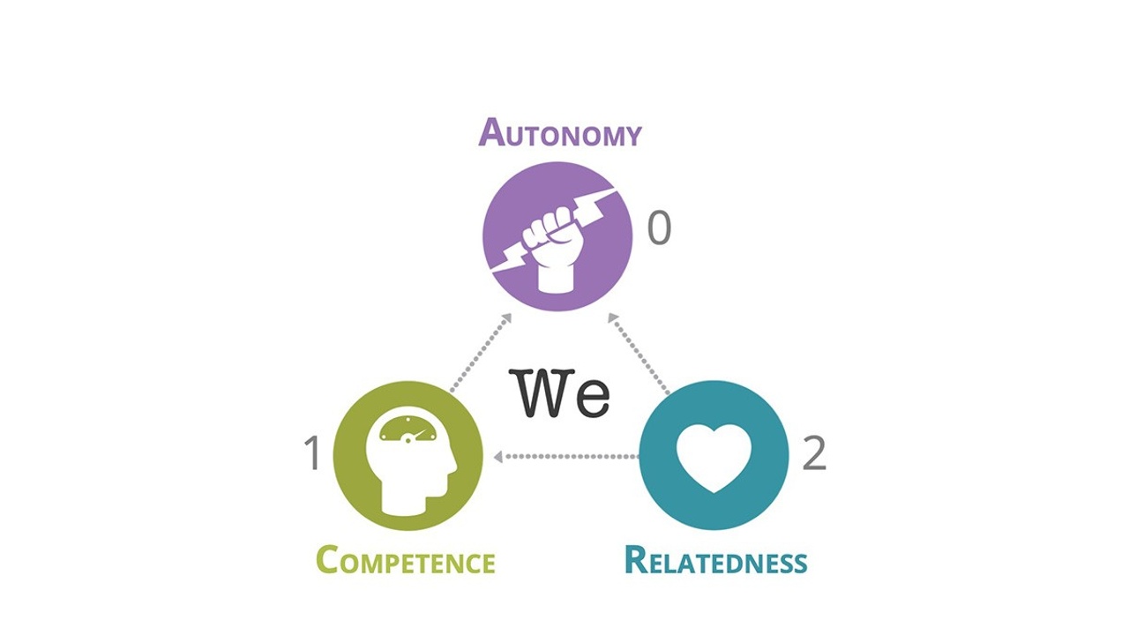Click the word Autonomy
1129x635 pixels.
(x=560, y=133)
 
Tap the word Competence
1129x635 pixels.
(x=405, y=561)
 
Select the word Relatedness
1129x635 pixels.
(x=715, y=561)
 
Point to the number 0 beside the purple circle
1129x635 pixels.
(x=660, y=228)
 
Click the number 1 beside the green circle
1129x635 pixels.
(x=310, y=454)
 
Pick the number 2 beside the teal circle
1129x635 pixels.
(x=813, y=453)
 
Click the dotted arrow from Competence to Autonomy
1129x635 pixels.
(x=480, y=352)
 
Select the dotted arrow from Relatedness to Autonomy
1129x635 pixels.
(x=639, y=352)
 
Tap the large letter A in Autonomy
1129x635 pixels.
(x=491, y=132)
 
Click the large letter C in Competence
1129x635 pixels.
(x=328, y=560)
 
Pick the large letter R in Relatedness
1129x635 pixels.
(x=637, y=560)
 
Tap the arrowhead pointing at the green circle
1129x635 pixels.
(x=499, y=457)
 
